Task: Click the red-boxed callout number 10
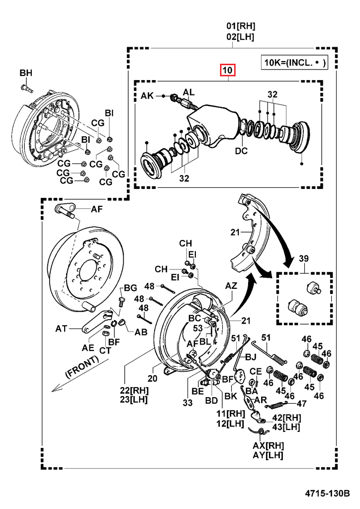[x=227, y=71]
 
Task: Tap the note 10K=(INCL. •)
[x=295, y=62]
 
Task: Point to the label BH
[x=26, y=74]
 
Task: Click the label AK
[x=148, y=95]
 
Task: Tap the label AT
[x=61, y=329]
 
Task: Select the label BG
[x=130, y=288]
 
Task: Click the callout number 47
[x=302, y=403]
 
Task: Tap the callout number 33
[x=187, y=403]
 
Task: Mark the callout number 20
[x=152, y=378]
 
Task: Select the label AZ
[x=232, y=286]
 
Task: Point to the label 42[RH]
[x=285, y=418]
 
